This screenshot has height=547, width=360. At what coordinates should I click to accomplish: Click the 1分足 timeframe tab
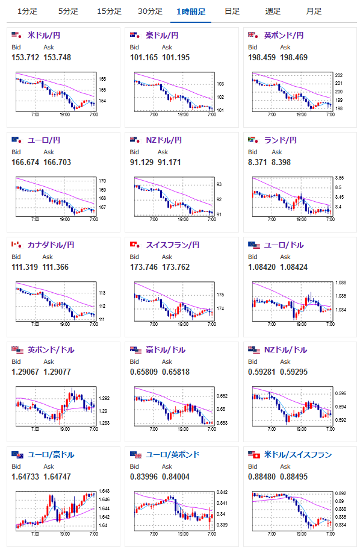[27, 11]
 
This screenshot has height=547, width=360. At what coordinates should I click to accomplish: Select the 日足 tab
[232, 11]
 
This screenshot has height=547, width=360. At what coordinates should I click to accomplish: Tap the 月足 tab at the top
[314, 11]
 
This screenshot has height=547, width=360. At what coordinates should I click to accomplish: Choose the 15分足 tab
[109, 11]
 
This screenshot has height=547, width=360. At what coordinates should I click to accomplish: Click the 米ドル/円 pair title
[44, 35]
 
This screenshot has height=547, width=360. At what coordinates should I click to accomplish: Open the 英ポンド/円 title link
[284, 35]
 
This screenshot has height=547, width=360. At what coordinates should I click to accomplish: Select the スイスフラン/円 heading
[173, 245]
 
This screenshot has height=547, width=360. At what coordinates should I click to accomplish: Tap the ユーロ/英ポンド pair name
[173, 455]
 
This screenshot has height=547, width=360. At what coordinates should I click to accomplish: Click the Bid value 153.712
[25, 58]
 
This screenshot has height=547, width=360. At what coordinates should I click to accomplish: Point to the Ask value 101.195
[176, 58]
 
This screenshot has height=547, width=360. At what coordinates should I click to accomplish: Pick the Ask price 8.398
[281, 162]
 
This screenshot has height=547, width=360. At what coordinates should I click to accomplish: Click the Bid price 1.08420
[262, 267]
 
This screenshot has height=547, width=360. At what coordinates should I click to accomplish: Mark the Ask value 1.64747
[57, 477]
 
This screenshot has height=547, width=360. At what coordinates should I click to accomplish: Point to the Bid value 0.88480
[262, 477]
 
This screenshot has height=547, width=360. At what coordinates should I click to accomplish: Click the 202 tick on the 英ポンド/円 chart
[339, 75]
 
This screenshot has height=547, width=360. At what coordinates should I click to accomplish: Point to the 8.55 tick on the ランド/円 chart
[340, 178]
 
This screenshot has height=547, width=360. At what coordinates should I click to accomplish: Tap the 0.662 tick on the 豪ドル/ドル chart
[222, 396]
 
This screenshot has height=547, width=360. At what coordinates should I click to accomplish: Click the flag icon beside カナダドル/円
[16, 245]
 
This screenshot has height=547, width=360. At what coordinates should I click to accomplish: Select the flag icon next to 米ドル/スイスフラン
[254, 455]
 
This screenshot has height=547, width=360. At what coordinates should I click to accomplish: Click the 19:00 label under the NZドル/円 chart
[183, 219]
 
